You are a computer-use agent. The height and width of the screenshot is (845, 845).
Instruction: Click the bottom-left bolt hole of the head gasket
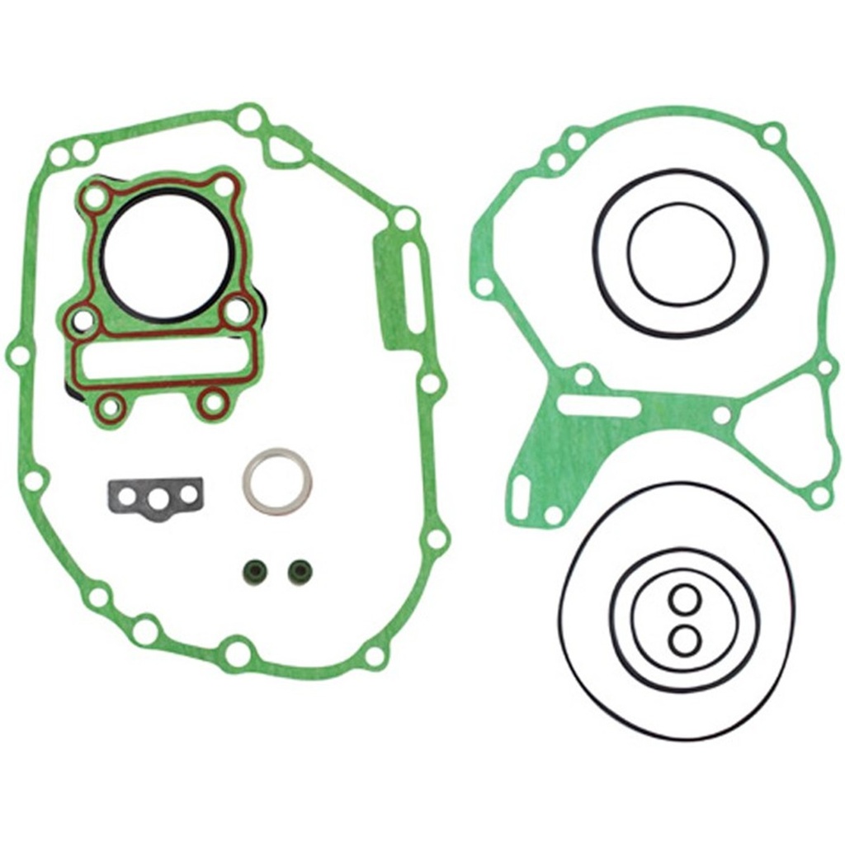(111, 405)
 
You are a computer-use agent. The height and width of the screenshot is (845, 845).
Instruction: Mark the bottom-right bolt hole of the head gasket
(214, 403)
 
